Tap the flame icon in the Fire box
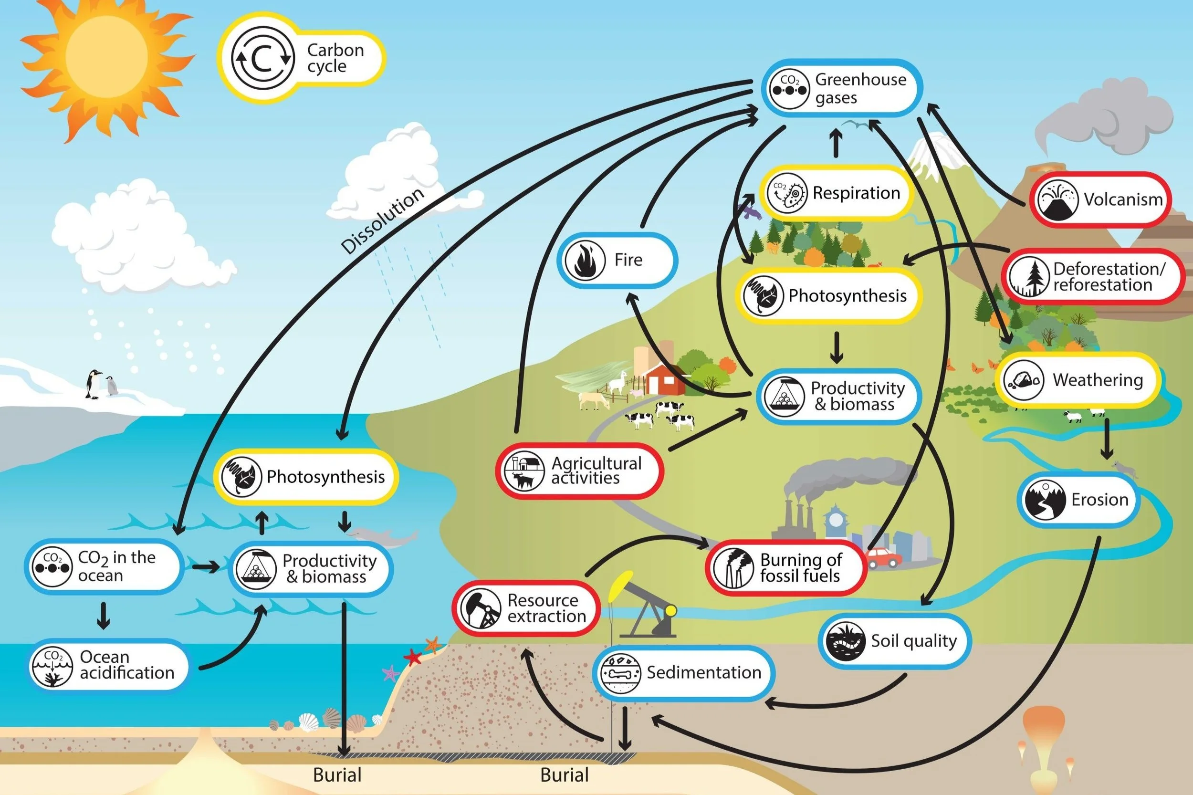tap(585, 260)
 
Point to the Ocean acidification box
tap(108, 665)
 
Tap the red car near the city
tap(883, 558)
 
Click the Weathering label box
tap(1078, 380)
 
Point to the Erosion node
tap(1079, 500)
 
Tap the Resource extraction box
tap(526, 608)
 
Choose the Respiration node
tap(837, 193)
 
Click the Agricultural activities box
tap(579, 471)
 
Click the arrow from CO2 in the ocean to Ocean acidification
tap(104, 615)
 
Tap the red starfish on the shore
tap(413, 658)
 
